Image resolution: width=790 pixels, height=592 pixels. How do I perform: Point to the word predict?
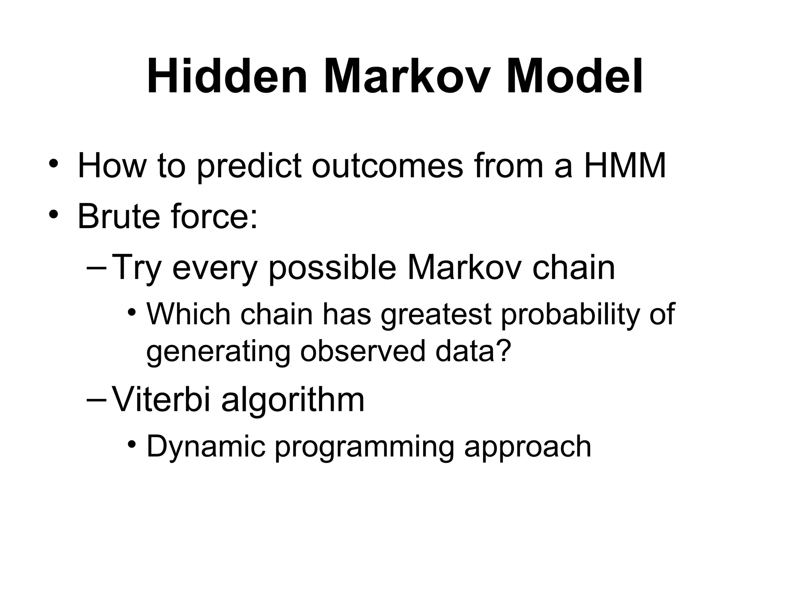point(249,166)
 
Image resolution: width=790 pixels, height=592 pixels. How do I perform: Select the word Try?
point(137,268)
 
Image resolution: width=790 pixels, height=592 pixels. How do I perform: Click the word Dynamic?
point(206,447)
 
